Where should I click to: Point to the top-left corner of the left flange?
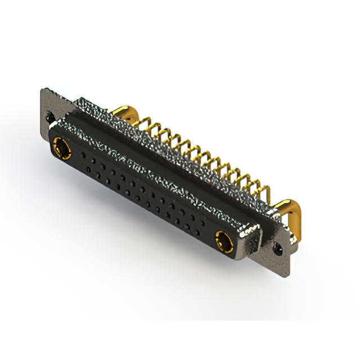coord(42,90)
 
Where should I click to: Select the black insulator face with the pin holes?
coord(141,188)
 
